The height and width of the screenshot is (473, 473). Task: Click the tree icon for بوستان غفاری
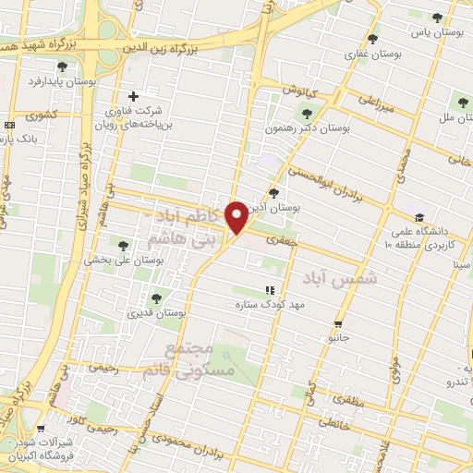(372, 39)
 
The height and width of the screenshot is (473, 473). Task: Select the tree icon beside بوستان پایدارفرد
(62, 67)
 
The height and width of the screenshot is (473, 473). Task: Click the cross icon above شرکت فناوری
(134, 96)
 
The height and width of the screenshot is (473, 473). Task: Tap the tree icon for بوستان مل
(462, 103)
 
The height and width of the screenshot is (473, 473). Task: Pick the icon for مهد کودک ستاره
(270, 290)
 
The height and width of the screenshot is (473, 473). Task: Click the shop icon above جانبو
(338, 324)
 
